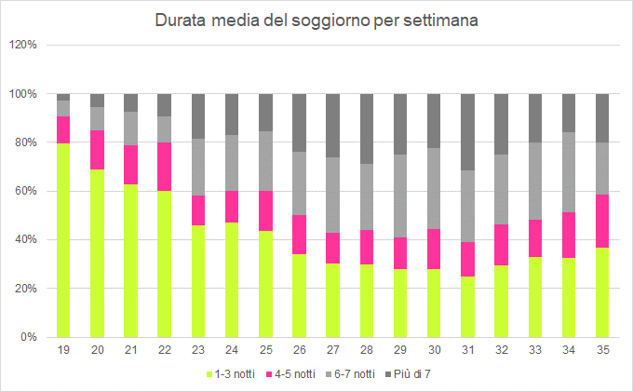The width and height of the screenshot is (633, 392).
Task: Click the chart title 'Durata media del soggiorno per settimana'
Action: click(316, 20)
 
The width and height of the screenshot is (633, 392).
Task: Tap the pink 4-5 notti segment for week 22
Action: click(165, 167)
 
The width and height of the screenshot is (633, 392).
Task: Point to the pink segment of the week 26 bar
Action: click(300, 235)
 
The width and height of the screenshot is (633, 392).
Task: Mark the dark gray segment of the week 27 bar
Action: click(333, 126)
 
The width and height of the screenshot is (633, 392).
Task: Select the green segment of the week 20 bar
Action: click(97, 252)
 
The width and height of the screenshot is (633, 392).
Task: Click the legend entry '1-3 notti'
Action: click(230, 373)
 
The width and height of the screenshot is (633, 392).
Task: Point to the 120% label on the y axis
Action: click(24, 45)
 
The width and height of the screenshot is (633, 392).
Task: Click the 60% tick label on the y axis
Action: click(27, 191)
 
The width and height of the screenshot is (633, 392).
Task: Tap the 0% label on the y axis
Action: click(30, 337)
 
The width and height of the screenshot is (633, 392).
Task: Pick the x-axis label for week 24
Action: click(232, 351)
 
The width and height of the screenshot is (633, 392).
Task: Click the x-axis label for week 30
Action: click(434, 351)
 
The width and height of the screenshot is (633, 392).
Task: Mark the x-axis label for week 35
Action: click(602, 351)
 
